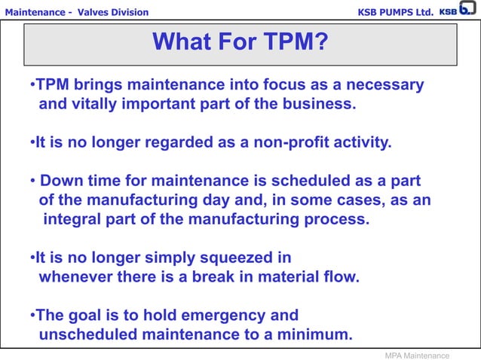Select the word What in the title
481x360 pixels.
coord(185,42)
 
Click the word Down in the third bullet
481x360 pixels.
coord(60,182)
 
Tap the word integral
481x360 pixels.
coord(72,220)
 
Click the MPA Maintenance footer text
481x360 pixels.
coord(417,355)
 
